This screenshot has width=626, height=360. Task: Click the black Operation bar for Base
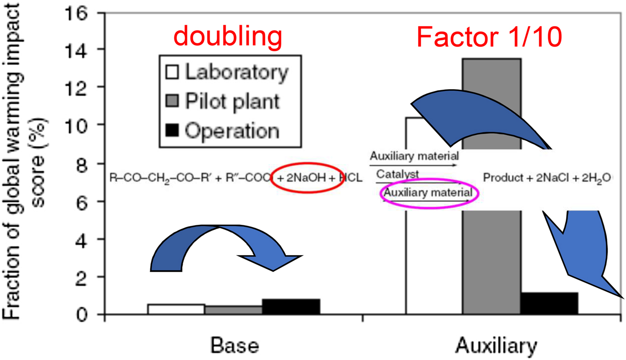[291, 306]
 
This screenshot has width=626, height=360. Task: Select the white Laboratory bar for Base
[176, 309]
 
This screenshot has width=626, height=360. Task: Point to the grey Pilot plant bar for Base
[233, 310]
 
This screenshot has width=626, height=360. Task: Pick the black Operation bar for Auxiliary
[549, 303]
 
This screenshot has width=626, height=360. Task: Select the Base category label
[235, 345]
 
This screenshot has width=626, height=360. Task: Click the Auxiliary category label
[496, 345]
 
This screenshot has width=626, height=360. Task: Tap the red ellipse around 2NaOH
[307, 178]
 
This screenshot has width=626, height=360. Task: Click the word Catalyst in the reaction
[397, 174]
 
